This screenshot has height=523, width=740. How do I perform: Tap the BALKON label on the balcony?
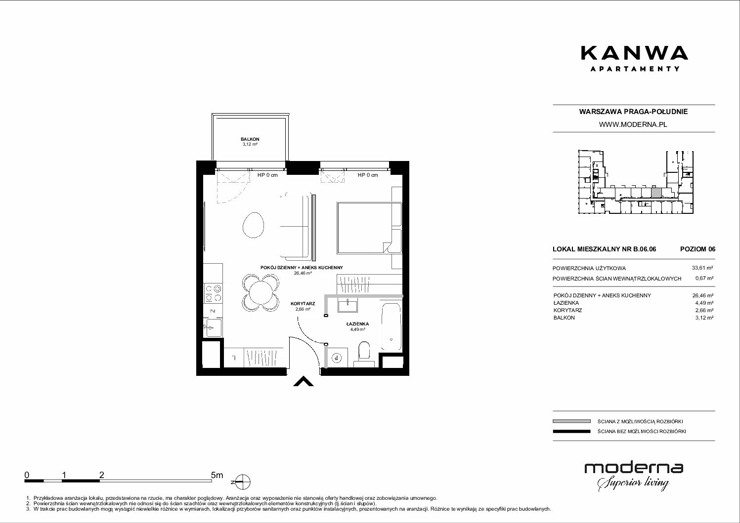pos(250,139)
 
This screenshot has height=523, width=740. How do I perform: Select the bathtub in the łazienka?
pos(391,326)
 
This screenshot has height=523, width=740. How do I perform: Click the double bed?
pos(369,228)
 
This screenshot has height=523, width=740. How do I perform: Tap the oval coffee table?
pos(254,225)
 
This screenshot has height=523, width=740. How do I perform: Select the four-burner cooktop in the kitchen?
pos(213,293)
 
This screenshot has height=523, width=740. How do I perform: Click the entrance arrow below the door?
pos(304,381)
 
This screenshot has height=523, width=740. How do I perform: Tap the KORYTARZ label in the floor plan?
pos(303,304)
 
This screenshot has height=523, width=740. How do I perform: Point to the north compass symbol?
pos(243,482)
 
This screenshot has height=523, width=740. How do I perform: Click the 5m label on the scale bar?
pos(217,475)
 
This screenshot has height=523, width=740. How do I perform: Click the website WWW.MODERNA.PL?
pos(633,124)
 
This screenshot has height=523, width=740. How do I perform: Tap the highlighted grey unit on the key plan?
pos(656,193)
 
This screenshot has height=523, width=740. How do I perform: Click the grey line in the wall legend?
pos(571,421)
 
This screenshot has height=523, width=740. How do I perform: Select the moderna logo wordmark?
pos(634,468)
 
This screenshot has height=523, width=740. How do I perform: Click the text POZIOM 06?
pos(697,249)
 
